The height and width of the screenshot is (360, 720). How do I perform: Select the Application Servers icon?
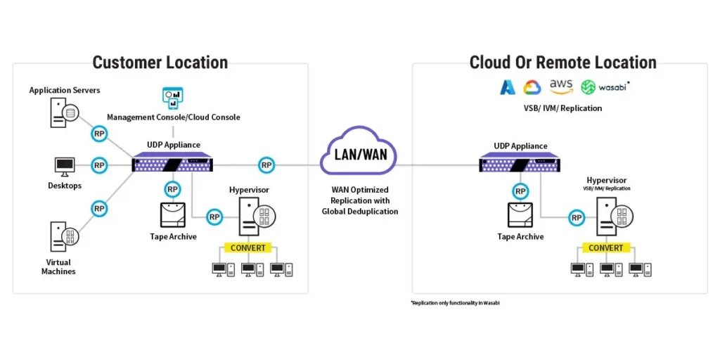(62, 112)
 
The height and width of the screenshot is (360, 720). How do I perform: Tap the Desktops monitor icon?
(65, 166)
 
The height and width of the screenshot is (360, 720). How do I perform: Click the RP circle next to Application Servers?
(99, 133)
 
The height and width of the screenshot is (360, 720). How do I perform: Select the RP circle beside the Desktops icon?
(99, 165)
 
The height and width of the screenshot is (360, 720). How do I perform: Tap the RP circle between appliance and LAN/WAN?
(266, 165)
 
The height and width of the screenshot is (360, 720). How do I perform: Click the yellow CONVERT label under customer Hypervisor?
(248, 247)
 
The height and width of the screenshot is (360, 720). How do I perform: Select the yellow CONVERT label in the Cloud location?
(605, 247)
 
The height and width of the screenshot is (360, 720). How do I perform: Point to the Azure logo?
(508, 87)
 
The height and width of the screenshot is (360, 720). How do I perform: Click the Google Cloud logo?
(531, 87)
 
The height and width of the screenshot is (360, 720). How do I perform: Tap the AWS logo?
(561, 86)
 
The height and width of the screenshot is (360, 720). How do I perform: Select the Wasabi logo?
(605, 87)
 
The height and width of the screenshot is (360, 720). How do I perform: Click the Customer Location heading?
(160, 62)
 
